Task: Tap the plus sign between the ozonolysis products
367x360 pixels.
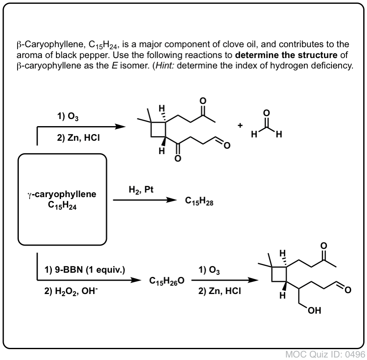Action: pos(240,126)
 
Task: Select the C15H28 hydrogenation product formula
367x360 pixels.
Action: pos(199,201)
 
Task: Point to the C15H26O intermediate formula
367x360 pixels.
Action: pos(167,281)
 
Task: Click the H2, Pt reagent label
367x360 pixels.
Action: pos(141,190)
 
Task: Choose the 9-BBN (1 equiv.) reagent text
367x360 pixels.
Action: pos(85,270)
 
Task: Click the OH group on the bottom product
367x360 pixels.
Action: pos(314,310)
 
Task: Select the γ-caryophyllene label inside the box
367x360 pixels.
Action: pos(62,194)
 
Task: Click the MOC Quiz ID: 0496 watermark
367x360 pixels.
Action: pos(325,355)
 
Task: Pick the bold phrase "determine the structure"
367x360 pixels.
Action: pos(286,55)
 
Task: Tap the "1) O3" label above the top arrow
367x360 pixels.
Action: pos(68,116)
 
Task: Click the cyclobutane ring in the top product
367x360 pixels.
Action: pos(158,129)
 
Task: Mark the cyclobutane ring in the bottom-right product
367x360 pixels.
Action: pos(279,274)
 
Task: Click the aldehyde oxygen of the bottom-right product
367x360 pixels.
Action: pos(348,290)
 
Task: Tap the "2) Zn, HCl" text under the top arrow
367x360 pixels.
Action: pos(79,138)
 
